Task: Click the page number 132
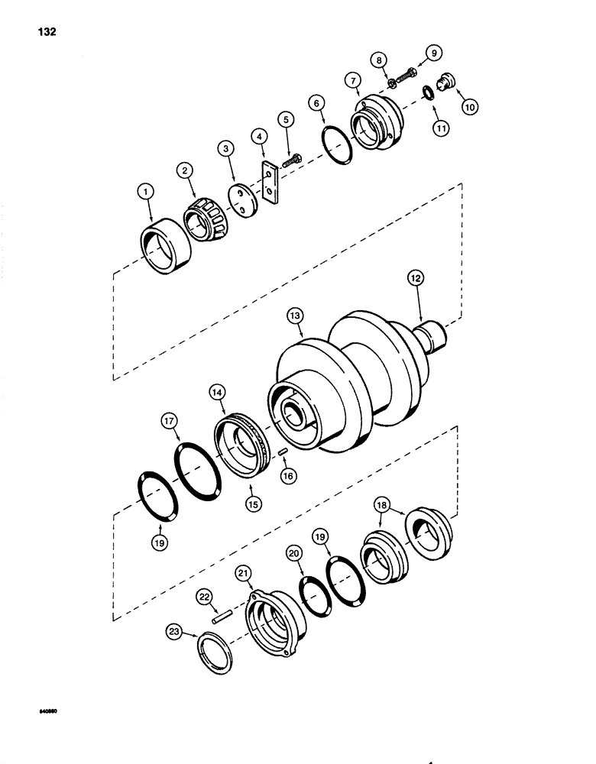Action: [44, 32]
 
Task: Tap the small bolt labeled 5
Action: [291, 162]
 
